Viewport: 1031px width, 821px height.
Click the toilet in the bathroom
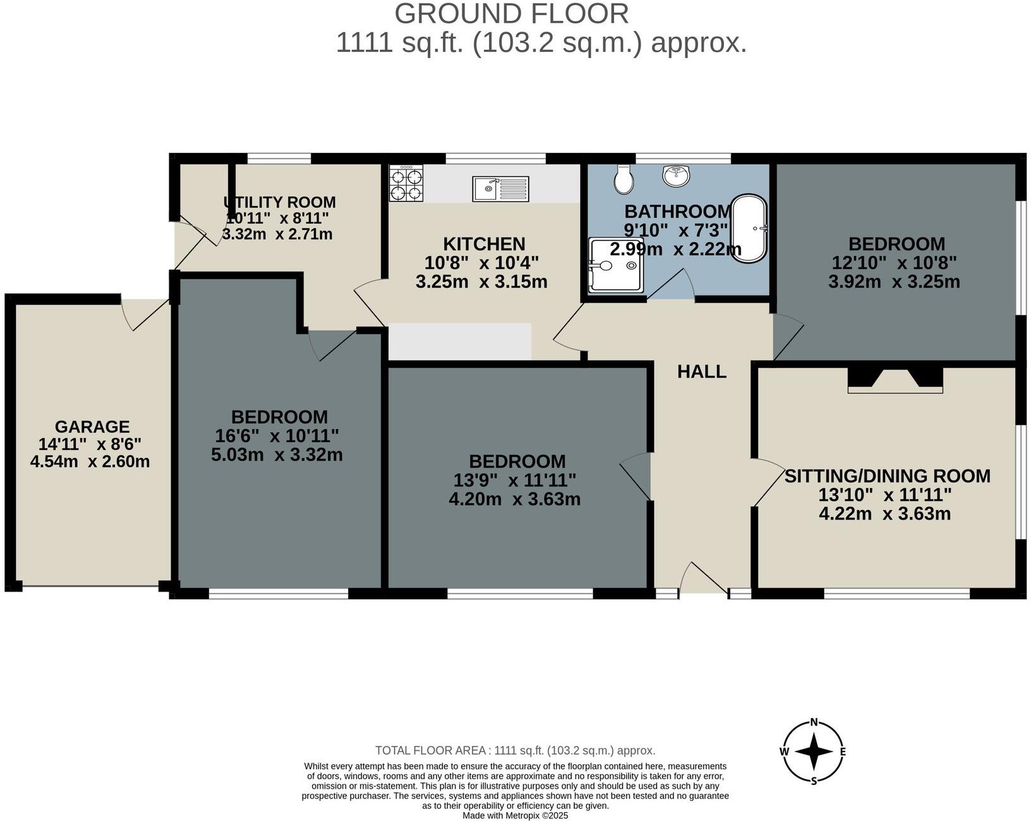coord(624,180)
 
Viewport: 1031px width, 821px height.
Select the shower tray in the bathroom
coord(615,265)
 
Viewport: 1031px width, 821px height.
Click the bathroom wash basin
coord(677,175)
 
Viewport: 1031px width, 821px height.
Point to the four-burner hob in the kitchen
coord(406,183)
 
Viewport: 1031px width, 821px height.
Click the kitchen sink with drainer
coord(500,188)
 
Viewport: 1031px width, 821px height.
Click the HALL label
coord(701,372)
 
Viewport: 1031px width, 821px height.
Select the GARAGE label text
coord(92,427)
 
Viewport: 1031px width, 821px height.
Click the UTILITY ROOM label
coord(279,202)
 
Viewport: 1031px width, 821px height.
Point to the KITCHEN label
coord(484,244)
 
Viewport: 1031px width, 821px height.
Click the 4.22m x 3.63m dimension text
coord(884,513)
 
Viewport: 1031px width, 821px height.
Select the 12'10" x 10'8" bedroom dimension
coord(894,262)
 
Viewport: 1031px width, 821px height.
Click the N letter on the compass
coord(814,722)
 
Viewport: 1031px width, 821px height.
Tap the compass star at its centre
coord(814,751)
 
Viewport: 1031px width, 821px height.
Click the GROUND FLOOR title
coord(512,14)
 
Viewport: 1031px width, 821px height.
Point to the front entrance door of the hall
coord(703,578)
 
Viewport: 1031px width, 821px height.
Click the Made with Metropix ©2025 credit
coord(515,815)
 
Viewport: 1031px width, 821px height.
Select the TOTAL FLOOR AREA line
coord(515,751)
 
